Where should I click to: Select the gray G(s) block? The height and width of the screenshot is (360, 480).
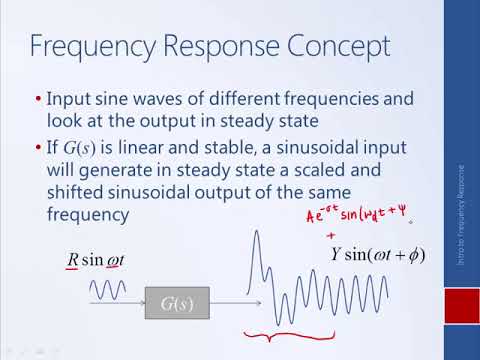point(179,301)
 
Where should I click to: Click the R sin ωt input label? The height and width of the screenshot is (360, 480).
point(99,263)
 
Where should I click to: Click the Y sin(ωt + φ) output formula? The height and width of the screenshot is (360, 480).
point(377,255)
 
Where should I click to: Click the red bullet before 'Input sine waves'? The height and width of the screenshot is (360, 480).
point(37,100)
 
